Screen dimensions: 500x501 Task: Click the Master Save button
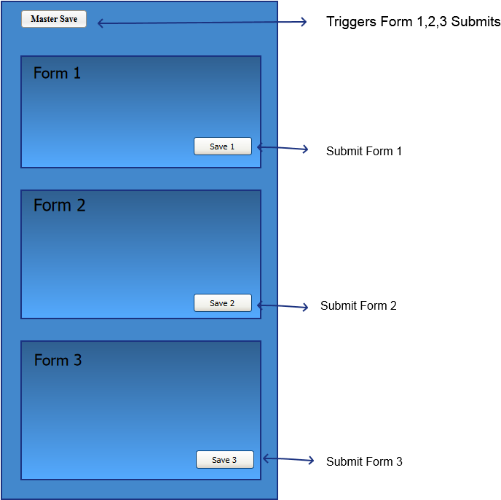coord(54,19)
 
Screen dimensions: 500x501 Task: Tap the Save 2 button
coord(222,303)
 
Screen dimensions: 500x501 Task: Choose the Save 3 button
coord(224,460)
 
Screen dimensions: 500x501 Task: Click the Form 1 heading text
coord(57,74)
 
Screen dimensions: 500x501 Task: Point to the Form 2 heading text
coord(59,206)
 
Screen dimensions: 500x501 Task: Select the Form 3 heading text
coord(58,361)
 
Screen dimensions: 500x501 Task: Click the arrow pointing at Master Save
coord(202,23)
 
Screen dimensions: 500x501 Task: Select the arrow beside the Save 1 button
coord(283,148)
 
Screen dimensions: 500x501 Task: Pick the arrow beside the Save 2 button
coord(283,306)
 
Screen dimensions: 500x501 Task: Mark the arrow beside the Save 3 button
coord(288,459)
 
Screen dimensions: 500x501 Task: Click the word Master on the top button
coord(44,19)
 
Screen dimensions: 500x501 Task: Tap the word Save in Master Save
coord(68,19)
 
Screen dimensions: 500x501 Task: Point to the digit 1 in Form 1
coord(76,74)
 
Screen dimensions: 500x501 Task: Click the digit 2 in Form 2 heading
coord(80,206)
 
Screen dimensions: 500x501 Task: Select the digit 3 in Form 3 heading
coord(77,361)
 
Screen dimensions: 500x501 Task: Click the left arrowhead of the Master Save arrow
coord(100,23)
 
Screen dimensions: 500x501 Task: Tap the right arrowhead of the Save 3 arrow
coord(312,461)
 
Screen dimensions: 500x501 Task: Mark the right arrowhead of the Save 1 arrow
coord(306,149)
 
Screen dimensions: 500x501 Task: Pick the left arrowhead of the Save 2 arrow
coord(260,305)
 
